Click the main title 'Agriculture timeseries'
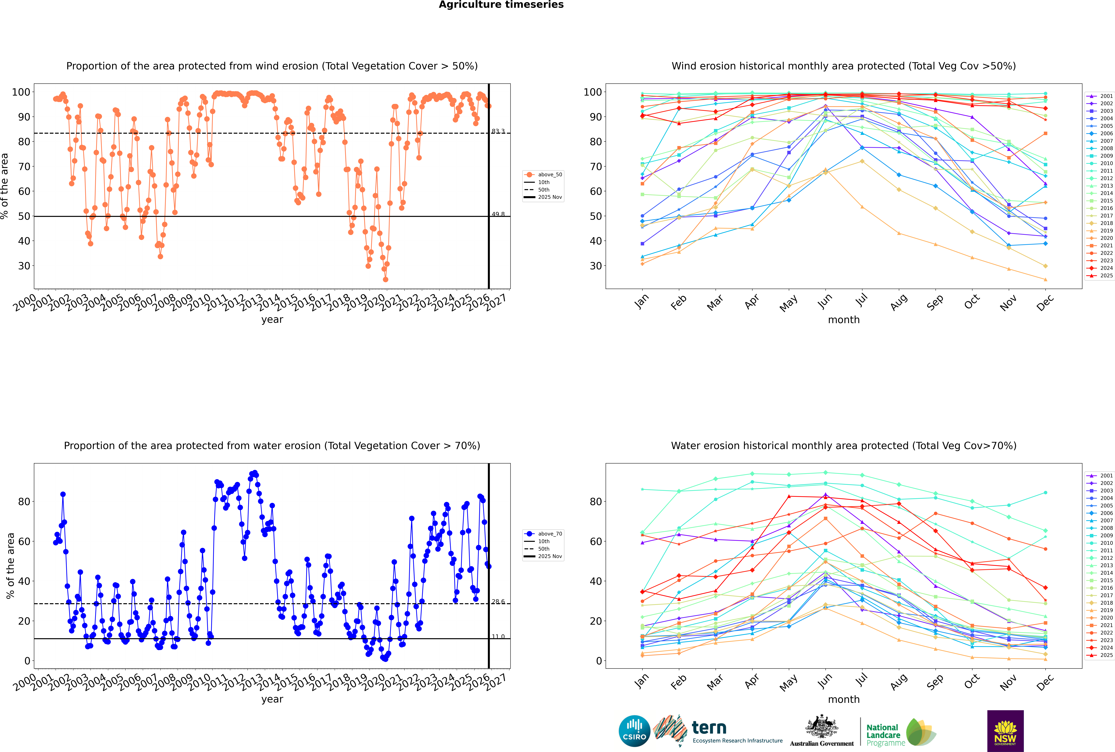(501, 5)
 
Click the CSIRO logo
(634, 731)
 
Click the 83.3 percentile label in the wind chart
(498, 131)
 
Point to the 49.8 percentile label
(498, 214)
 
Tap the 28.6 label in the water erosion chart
(498, 602)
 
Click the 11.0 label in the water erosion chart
(498, 637)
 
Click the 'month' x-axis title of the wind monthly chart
(844, 320)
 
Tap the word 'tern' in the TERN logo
(709, 728)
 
